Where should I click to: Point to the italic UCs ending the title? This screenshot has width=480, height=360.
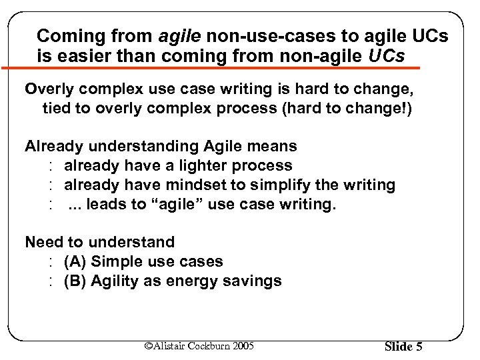386,56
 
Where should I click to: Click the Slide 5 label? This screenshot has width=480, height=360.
403,347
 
